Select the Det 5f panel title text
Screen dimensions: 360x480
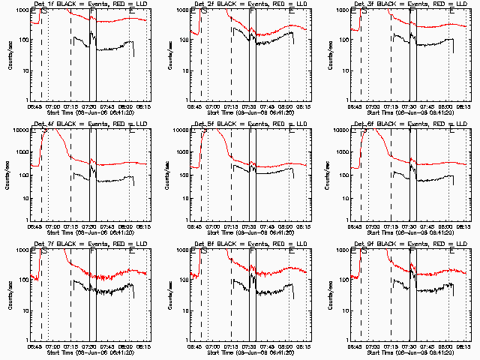click(251, 123)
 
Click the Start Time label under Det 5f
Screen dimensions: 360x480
click(251, 232)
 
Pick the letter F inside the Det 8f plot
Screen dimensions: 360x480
click(252, 252)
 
